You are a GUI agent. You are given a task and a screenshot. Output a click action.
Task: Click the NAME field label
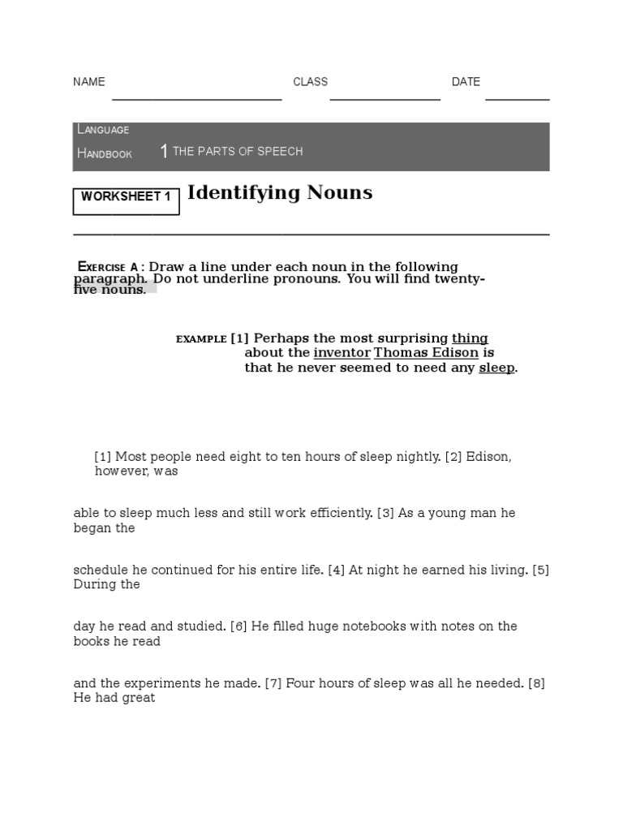click(89, 82)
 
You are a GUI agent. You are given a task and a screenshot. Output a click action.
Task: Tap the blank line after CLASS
click(385, 97)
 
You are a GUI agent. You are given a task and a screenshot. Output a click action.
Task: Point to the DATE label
click(466, 82)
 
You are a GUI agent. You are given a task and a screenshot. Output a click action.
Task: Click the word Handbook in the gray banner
click(104, 153)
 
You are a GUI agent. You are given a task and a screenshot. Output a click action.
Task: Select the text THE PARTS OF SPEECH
click(238, 152)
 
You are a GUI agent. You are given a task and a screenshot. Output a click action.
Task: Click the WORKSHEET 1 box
click(126, 197)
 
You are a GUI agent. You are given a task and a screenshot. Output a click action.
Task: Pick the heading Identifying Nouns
click(280, 193)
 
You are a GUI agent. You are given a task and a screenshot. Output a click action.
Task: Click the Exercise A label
click(107, 267)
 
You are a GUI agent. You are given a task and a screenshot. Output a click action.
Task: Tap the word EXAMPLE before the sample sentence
click(200, 339)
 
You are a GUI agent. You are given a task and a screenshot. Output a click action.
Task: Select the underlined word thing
click(470, 338)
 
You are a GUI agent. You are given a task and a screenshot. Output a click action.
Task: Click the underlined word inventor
click(342, 353)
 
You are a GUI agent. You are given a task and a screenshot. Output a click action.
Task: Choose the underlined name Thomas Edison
click(426, 353)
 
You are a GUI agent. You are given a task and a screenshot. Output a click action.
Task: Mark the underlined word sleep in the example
click(496, 368)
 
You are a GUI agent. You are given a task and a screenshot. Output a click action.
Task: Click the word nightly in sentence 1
click(417, 457)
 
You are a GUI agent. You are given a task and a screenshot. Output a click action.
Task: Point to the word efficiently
click(335, 514)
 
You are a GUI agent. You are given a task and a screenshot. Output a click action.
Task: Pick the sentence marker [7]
click(273, 683)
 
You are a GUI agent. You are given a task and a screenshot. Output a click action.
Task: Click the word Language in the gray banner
click(103, 130)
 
